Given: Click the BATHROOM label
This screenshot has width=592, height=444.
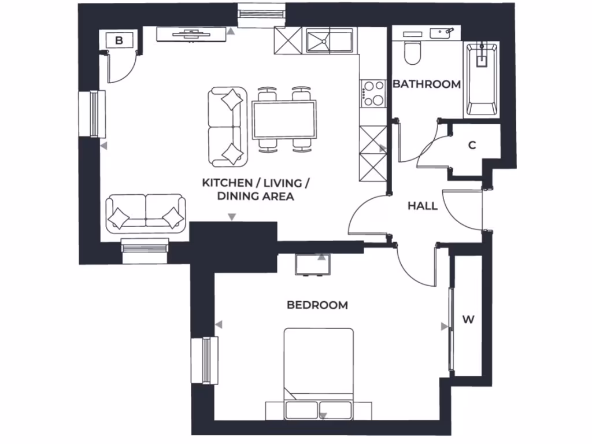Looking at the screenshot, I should [x=427, y=84].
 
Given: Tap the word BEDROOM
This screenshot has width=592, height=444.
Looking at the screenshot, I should [x=317, y=305].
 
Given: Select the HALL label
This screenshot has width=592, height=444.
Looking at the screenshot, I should [x=422, y=206].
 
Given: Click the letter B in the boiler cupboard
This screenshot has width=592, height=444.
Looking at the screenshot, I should [x=119, y=40].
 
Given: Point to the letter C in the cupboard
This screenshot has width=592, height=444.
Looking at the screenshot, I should [x=472, y=146].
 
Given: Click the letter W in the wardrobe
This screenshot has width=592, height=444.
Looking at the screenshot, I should [x=468, y=320].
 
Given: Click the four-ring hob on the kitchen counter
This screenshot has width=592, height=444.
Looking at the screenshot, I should [x=373, y=94].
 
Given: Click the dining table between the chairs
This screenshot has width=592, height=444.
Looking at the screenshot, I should [x=284, y=119].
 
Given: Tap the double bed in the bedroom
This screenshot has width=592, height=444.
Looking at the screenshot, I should [x=319, y=370].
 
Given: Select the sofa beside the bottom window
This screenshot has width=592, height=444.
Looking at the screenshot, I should [x=146, y=212].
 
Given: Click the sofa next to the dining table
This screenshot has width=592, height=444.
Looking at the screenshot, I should [x=227, y=125].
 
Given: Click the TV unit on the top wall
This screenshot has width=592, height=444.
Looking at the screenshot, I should [x=191, y=35].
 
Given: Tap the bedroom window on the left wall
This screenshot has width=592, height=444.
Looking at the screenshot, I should [x=205, y=360].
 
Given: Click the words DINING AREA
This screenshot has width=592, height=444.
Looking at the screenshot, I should [x=256, y=197].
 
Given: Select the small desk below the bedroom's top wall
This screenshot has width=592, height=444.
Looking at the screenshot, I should [x=313, y=265].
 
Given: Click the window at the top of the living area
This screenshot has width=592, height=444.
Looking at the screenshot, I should [x=262, y=13].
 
